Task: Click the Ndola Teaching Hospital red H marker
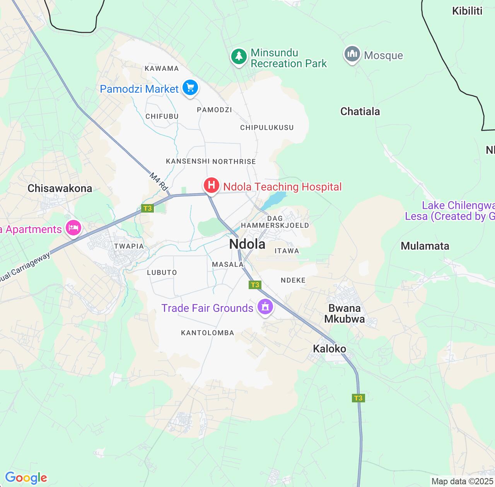pos(212,185)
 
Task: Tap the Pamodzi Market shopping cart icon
pos(190,87)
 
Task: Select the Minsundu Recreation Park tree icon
pos(239,56)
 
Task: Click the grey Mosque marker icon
pos(352,54)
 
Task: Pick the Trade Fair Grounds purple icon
pos(265,307)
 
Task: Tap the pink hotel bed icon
pos(73,227)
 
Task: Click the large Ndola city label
pos(247,244)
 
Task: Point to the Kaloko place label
pos(329,349)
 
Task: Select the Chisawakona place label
pos(60,189)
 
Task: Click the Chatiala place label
pos(360,112)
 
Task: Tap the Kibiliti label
pos(467,11)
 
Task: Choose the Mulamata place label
pos(425,246)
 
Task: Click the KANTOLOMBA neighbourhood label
pos(208,333)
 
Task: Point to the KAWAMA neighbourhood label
pos(162,68)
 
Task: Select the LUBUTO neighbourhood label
pos(162,272)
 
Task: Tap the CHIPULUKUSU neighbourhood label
pos(267,128)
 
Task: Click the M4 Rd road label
pos(159,182)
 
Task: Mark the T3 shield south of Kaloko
pos(358,398)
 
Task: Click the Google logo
pos(26,478)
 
